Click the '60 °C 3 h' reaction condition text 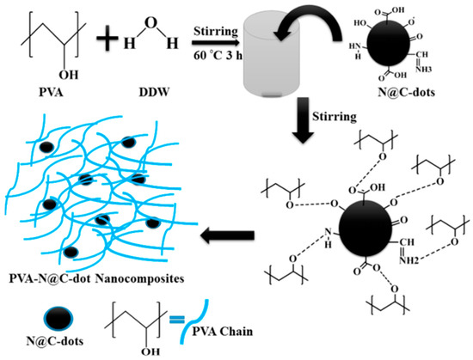[223, 58]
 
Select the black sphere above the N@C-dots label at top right [403, 44]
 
